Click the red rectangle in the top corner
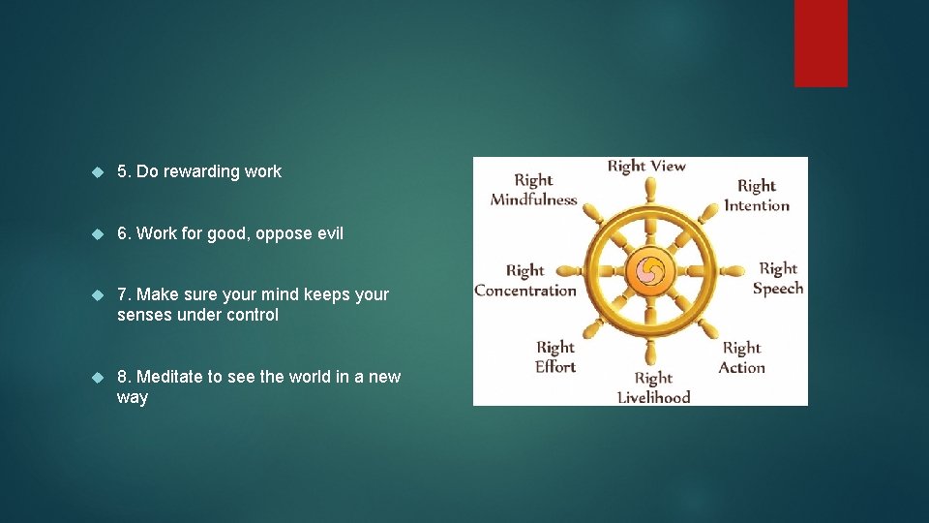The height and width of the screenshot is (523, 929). tap(821, 43)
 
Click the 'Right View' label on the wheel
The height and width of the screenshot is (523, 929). tap(645, 167)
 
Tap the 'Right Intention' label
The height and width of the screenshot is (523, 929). tap(757, 195)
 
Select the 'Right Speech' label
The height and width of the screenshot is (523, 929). tap(778, 278)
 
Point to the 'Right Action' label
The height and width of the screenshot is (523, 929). tap(742, 357)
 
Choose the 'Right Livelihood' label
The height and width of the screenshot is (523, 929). tap(654, 387)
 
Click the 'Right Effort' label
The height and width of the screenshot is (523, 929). tap(555, 356)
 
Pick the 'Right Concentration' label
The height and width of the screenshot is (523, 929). tap(525, 280)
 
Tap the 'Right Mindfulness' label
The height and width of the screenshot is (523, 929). tap(533, 190)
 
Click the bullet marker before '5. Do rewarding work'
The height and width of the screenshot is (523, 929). tap(97, 171)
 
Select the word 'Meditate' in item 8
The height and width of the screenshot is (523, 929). tap(170, 377)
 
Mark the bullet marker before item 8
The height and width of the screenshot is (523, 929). tap(97, 377)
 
